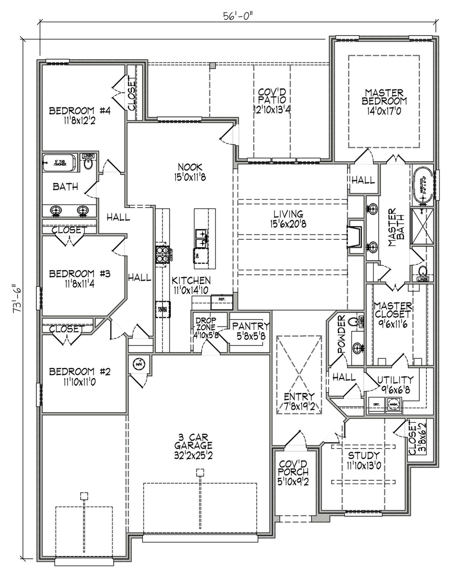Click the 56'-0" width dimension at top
point(237,16)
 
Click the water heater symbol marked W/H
point(139,364)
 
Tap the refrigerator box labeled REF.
point(222,302)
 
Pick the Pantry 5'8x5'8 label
point(250,331)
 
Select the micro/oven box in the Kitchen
point(163,309)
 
